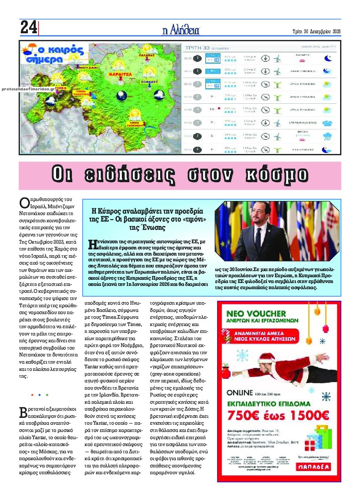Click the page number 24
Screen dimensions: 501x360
point(29,27)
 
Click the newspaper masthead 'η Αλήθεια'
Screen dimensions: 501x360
point(181,30)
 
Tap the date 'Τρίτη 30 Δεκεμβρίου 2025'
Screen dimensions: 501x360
point(316,31)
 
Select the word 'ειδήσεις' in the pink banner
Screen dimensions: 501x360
point(130,175)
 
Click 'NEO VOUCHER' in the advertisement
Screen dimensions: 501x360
point(256,313)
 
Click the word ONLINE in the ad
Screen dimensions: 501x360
point(240,393)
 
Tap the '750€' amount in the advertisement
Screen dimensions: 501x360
point(243,415)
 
